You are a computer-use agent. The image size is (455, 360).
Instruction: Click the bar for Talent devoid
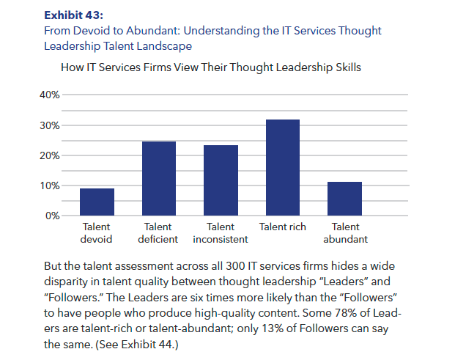pos(97,202)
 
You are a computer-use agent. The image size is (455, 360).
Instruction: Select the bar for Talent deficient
pos(158,179)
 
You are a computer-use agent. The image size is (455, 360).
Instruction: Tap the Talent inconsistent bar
pos(221,180)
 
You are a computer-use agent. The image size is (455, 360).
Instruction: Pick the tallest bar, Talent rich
pos(282,168)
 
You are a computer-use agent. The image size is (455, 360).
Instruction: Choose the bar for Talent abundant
pos(344,199)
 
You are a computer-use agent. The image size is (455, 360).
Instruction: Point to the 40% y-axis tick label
pos(50,95)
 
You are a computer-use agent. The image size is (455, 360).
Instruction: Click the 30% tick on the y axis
pos(50,125)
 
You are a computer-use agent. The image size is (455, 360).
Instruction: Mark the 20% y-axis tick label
pos(50,155)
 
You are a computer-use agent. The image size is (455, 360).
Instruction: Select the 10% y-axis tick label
pos(50,185)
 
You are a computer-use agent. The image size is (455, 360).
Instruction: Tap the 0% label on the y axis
pos(53,216)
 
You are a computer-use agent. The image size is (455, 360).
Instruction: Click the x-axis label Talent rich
pos(283,227)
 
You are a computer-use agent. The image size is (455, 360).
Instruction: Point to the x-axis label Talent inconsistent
pos(221,233)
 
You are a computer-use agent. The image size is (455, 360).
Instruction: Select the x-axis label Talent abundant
pos(344,233)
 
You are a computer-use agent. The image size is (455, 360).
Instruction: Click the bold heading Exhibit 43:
pos(74,15)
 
